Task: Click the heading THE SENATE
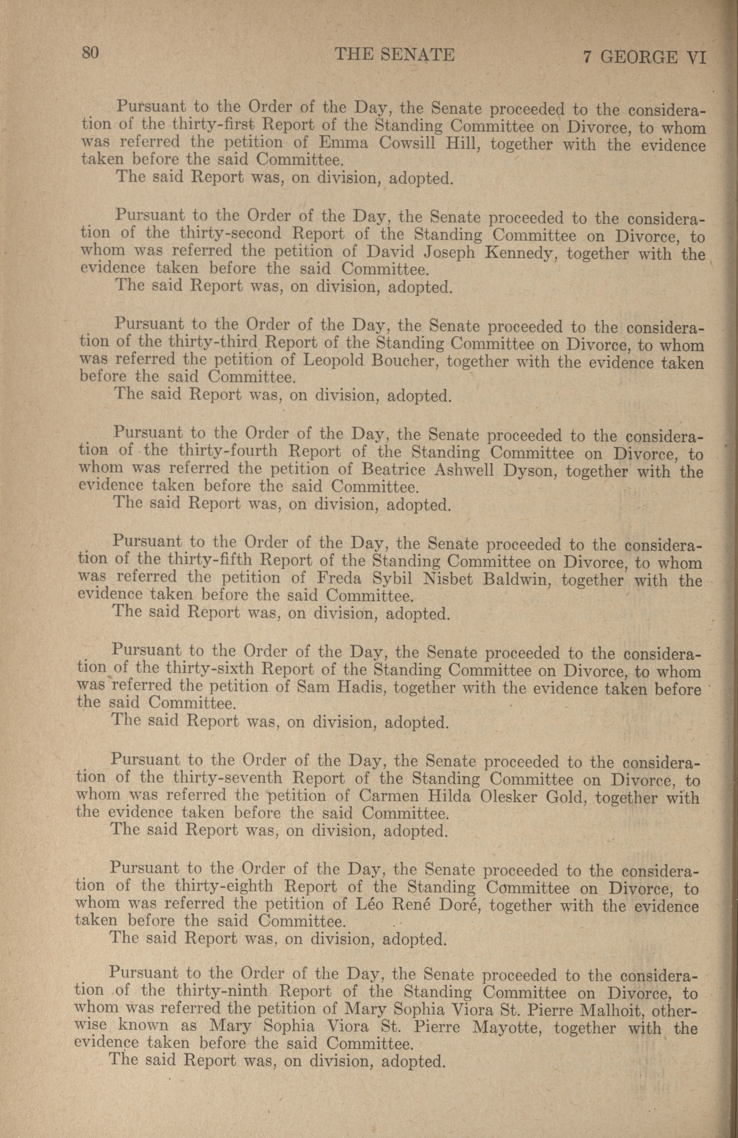point(395,54)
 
